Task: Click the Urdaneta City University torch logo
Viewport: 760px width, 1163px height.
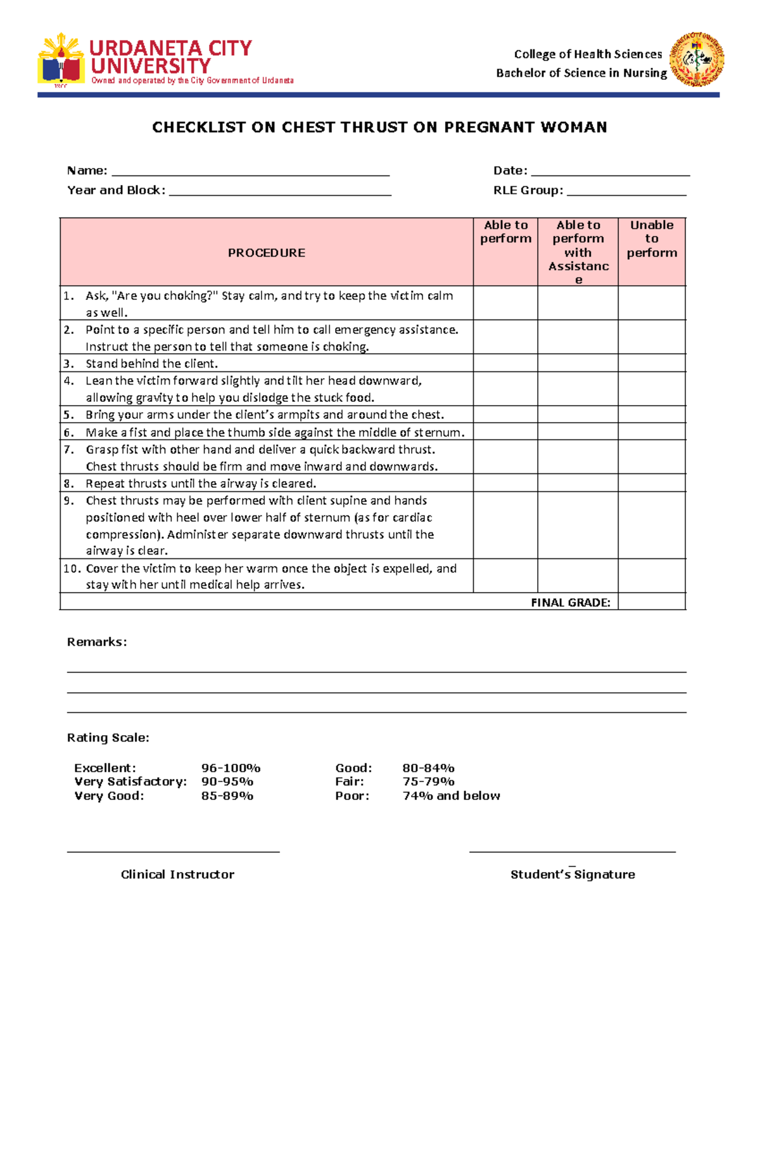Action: (x=61, y=60)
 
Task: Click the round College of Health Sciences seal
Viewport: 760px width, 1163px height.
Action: (x=697, y=59)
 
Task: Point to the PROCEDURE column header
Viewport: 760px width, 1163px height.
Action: (x=266, y=253)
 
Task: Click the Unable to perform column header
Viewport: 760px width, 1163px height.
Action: (x=652, y=239)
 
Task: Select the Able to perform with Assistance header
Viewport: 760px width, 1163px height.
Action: (x=578, y=252)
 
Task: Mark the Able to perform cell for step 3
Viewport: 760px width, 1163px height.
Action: (x=505, y=363)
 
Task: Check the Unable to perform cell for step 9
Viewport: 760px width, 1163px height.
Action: (x=652, y=525)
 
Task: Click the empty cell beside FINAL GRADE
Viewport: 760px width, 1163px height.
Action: (x=652, y=602)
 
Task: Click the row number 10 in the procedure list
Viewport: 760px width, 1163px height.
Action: (x=70, y=569)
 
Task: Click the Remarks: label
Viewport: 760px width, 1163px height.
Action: (x=97, y=642)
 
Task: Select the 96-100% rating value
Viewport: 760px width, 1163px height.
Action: (x=231, y=768)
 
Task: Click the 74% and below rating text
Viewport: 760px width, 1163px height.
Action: (x=451, y=796)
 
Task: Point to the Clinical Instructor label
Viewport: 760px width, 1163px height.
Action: (x=177, y=875)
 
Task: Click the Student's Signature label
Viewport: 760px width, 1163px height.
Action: (x=573, y=875)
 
